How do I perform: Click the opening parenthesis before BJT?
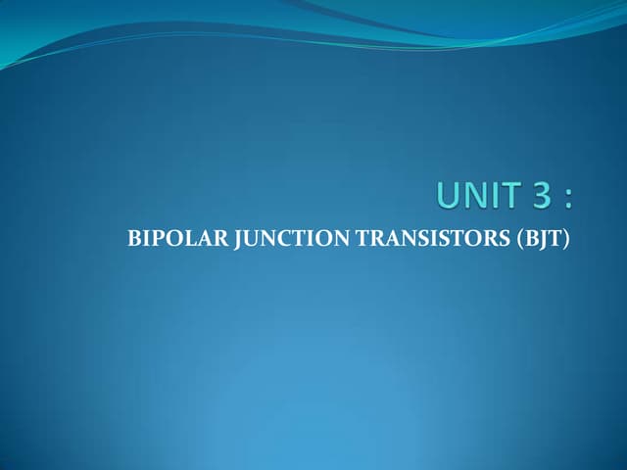point(520,239)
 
